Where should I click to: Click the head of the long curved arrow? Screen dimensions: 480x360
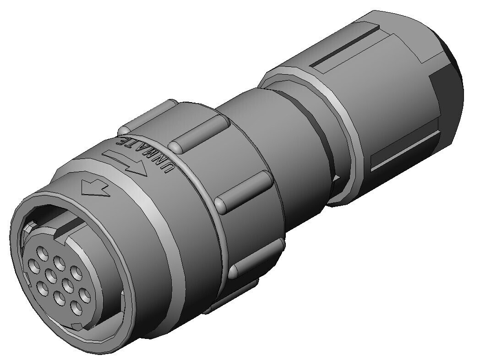(x=139, y=171)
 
